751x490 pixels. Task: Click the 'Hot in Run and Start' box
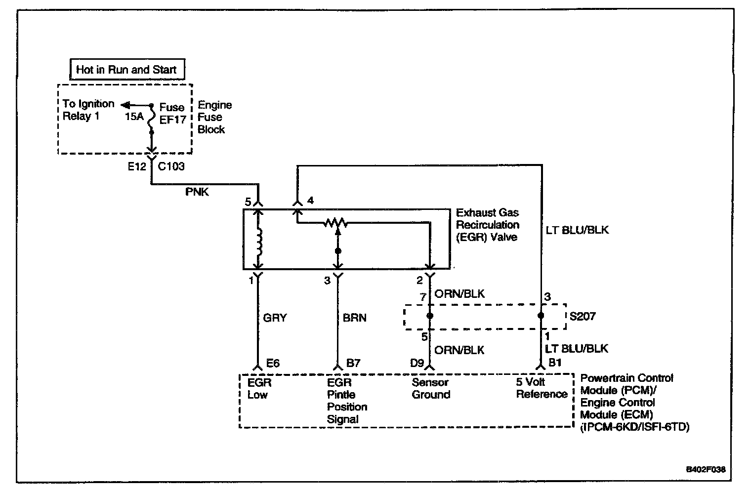(127, 69)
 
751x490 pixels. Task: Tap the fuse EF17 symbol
(151, 119)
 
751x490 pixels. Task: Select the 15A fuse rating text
(134, 116)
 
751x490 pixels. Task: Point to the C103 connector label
(171, 166)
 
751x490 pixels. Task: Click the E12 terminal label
(137, 166)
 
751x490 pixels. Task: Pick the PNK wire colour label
(197, 192)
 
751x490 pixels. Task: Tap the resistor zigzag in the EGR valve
(335, 223)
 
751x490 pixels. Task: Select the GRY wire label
(275, 318)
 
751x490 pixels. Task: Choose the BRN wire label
(354, 318)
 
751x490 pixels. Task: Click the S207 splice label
(583, 316)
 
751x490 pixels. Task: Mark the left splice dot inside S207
(429, 316)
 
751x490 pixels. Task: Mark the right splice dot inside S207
(541, 315)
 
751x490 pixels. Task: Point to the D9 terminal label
(417, 363)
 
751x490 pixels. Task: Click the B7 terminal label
(353, 363)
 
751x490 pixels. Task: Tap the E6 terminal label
(273, 363)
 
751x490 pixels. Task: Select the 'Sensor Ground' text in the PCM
(431, 388)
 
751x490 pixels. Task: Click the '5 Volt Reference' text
(542, 388)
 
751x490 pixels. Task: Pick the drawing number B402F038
(706, 469)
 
